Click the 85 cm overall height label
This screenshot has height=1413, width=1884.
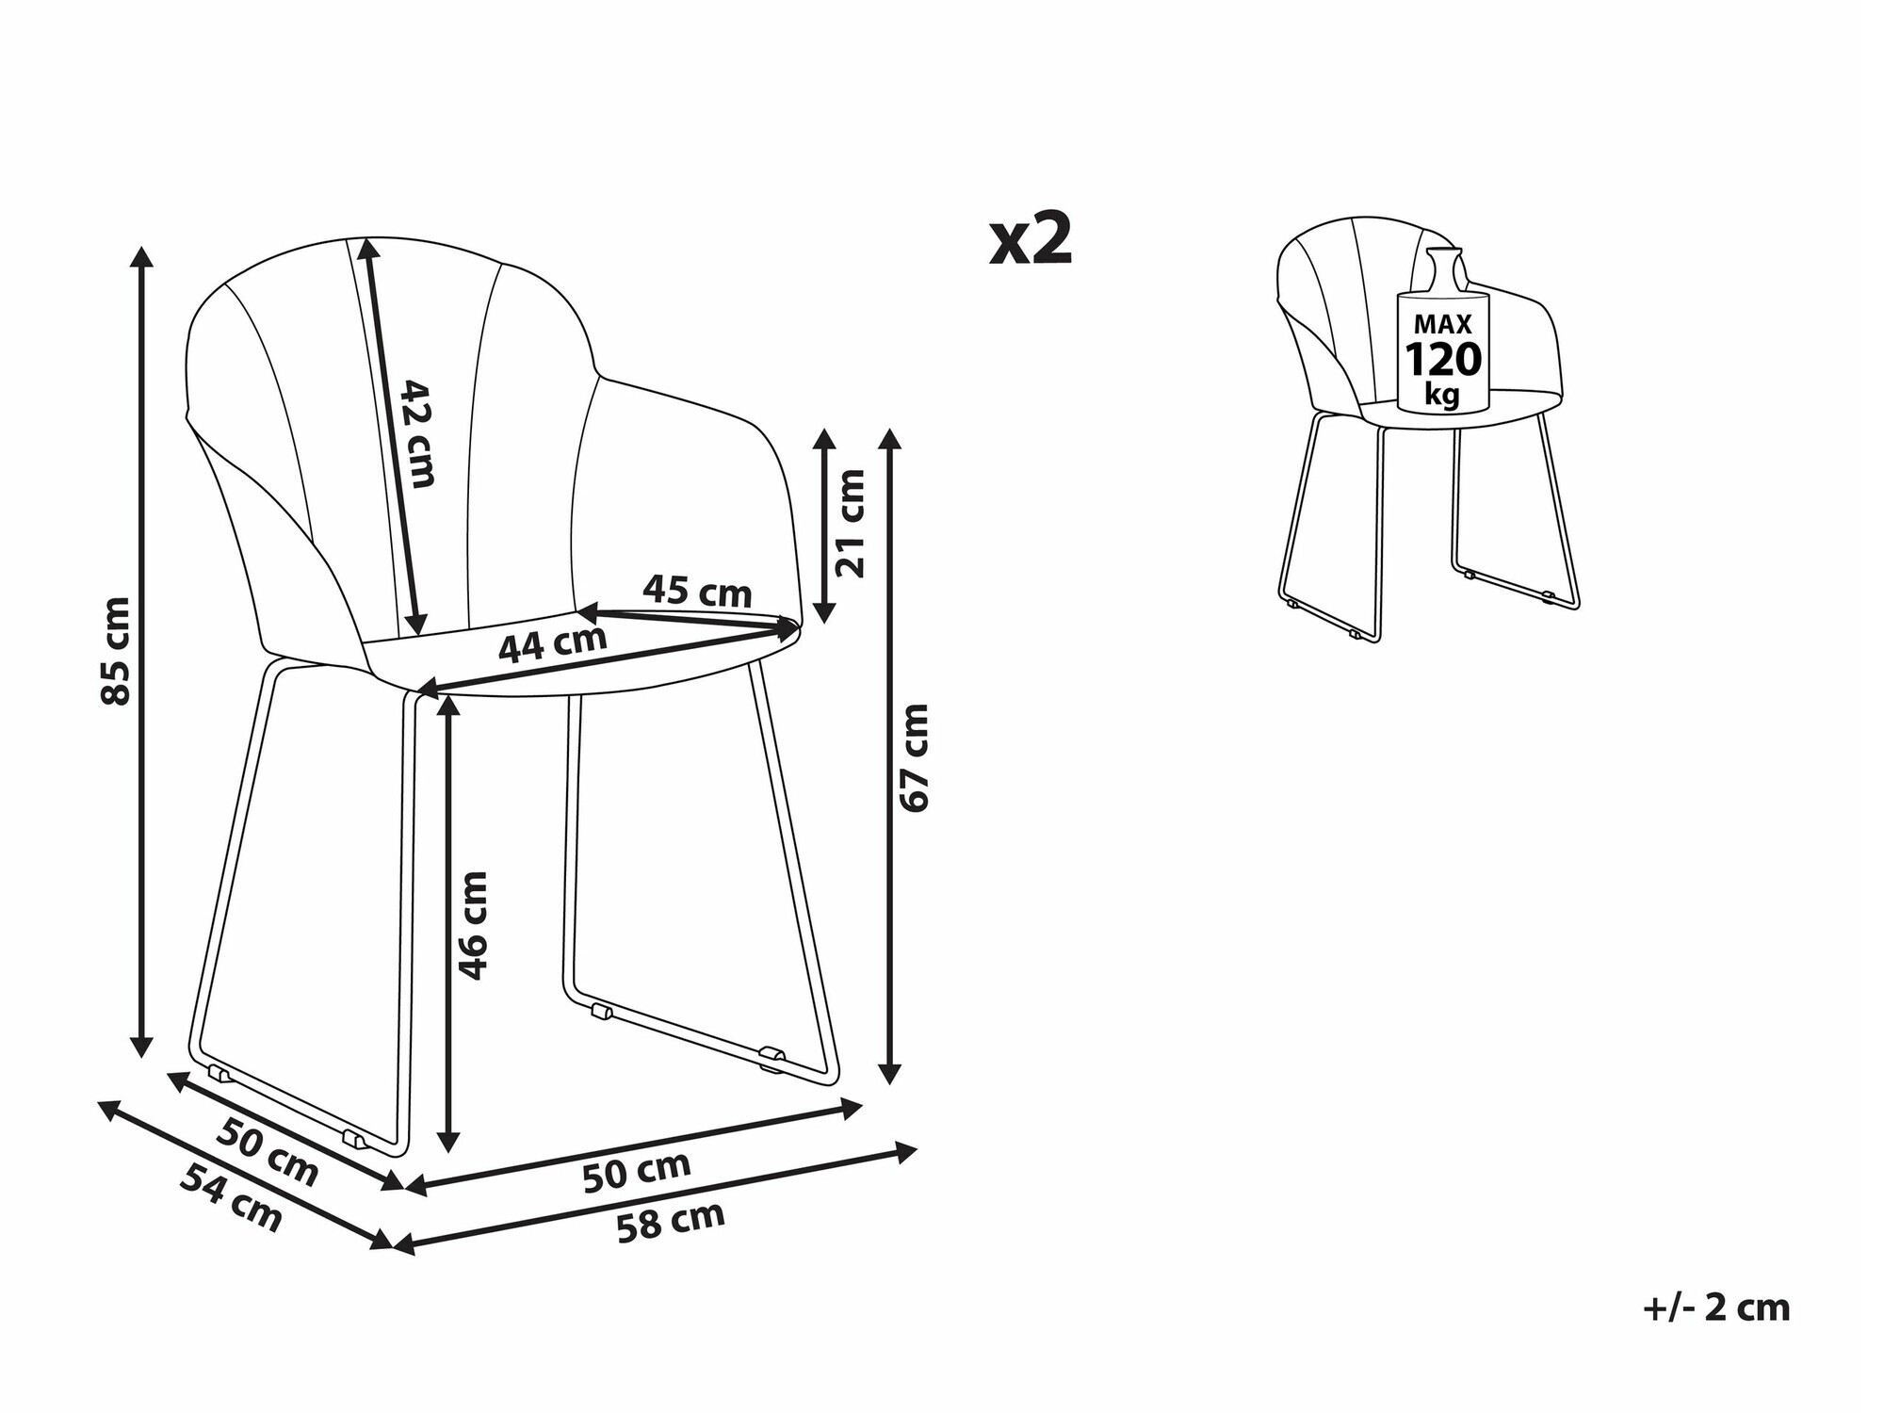(117, 650)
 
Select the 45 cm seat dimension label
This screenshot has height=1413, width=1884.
(697, 592)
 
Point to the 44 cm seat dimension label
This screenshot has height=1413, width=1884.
(553, 644)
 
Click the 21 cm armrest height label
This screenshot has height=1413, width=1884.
(851, 523)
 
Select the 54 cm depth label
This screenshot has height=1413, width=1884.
(231, 1198)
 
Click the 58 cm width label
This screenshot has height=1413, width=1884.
(671, 1222)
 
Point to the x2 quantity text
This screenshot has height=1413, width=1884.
(1031, 241)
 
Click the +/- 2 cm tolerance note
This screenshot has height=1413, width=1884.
(1716, 1307)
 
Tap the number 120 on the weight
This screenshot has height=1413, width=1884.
(1443, 360)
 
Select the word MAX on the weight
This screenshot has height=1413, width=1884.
(1442, 325)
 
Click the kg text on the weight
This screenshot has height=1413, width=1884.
(1441, 394)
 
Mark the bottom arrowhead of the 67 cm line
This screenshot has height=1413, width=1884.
(889, 1071)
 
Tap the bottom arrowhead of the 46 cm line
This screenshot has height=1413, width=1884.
(449, 1140)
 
